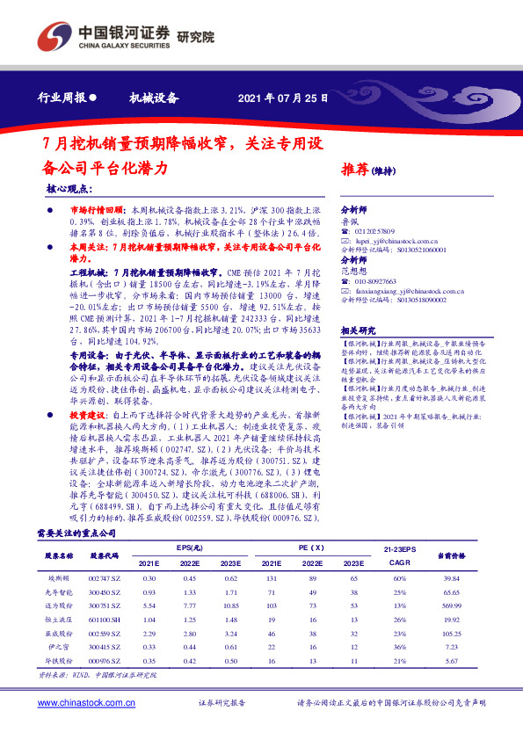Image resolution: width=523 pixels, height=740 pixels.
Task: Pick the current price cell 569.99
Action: pos(453,606)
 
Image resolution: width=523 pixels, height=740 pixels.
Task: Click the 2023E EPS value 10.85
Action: pos(230,606)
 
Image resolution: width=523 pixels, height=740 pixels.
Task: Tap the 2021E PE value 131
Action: pos(272,578)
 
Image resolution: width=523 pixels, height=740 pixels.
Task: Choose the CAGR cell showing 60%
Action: pos(400,578)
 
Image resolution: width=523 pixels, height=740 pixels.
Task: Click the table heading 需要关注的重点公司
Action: pos(76,533)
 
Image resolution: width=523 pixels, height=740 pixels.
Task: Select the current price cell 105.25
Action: pos(453,634)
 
